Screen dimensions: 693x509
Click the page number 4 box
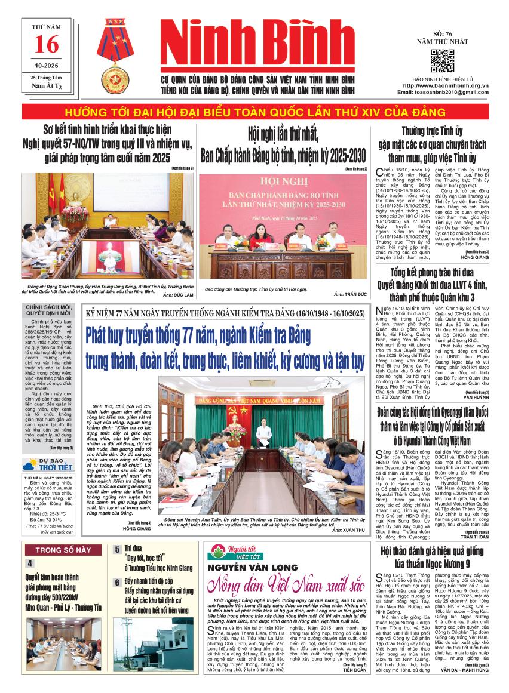[x=30, y=563]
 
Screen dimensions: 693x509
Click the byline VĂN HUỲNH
[x=476, y=396]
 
